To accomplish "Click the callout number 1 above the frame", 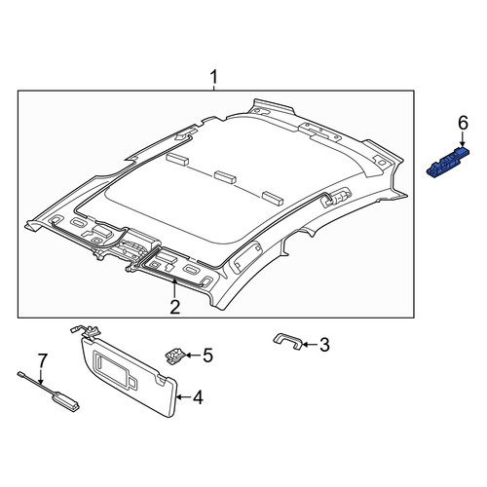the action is click(x=213, y=78).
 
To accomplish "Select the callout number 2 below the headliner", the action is click(x=175, y=307).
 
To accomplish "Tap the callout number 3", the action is click(x=324, y=345).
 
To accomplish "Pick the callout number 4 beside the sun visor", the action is click(x=198, y=397).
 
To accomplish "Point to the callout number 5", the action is click(x=207, y=356).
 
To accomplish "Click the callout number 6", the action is click(x=463, y=124).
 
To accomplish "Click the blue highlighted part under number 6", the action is click(x=448, y=162).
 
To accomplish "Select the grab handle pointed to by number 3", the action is click(x=289, y=341).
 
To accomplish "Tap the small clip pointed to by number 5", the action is click(x=175, y=356).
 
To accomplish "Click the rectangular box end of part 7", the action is click(x=65, y=399).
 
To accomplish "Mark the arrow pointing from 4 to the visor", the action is click(x=183, y=396).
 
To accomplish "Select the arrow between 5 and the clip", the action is click(x=193, y=356).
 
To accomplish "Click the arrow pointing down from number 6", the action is click(x=463, y=139).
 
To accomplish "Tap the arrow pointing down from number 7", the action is click(x=41, y=377).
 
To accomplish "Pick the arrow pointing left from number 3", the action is click(x=310, y=345).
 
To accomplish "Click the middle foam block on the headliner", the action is click(x=226, y=177).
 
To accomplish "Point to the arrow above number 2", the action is click(x=174, y=288).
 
